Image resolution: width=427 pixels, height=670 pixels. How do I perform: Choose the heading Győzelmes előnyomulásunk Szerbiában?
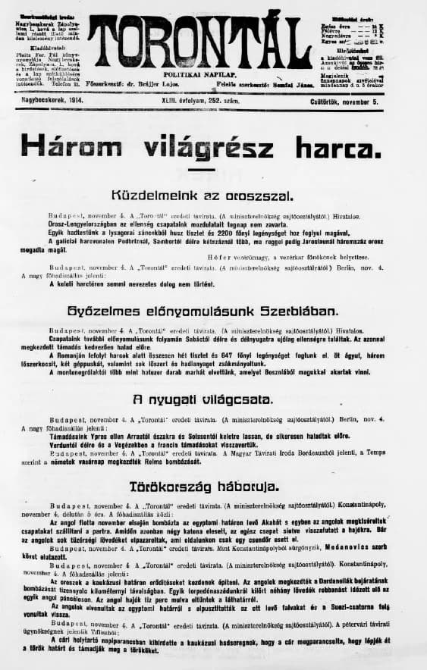tap(213, 312)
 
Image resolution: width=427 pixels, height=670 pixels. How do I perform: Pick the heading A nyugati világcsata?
tap(213, 399)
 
